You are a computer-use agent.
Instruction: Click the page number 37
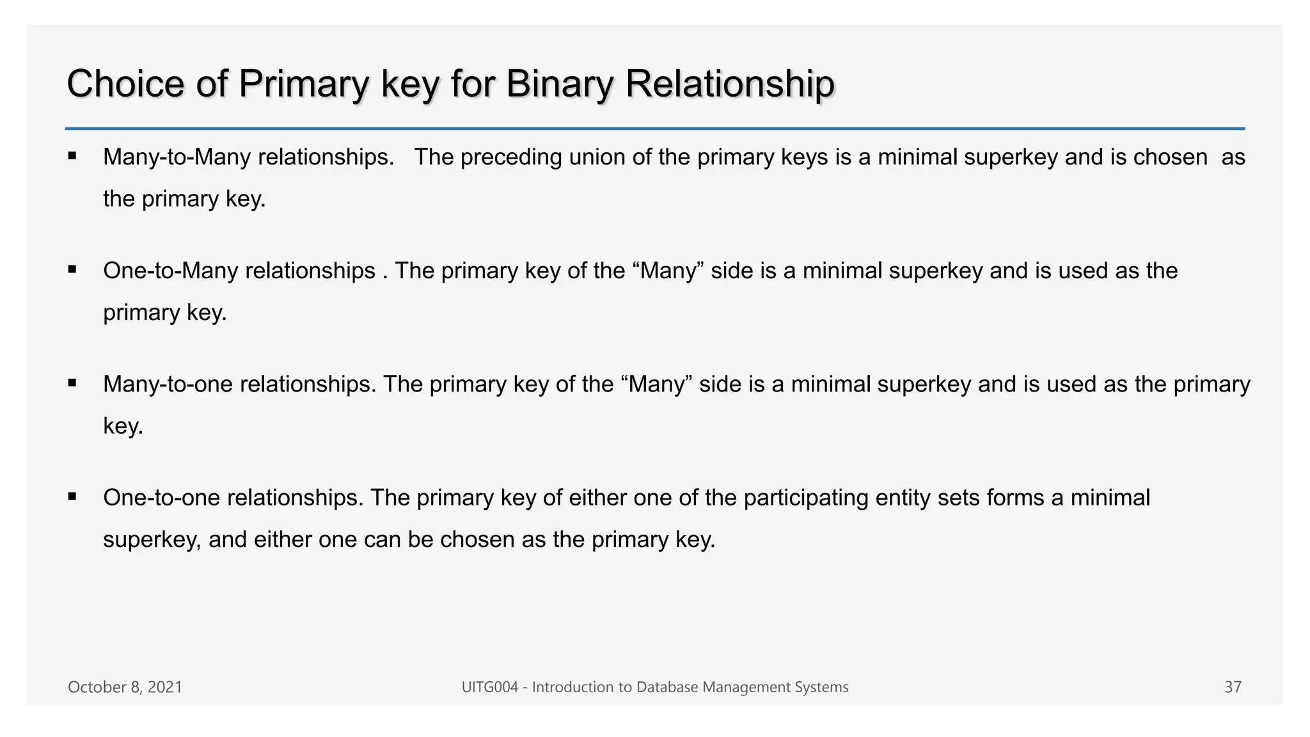(x=1233, y=687)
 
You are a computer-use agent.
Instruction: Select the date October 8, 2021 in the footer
(x=125, y=687)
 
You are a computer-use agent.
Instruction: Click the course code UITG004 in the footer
(x=489, y=687)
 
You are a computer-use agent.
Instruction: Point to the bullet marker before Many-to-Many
(x=72, y=155)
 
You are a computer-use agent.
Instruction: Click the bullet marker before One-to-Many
(x=72, y=269)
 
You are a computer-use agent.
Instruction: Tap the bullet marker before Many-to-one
(x=72, y=383)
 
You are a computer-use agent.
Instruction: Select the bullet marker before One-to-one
(x=72, y=496)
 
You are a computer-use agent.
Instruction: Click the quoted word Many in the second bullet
(x=668, y=271)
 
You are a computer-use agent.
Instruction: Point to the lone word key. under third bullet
(x=123, y=426)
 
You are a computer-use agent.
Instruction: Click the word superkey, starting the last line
(x=152, y=540)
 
